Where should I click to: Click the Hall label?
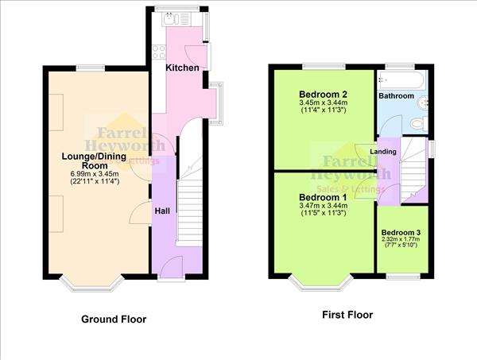(161, 211)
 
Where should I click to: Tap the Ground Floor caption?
(114, 319)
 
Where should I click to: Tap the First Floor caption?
(347, 315)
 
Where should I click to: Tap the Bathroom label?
(396, 96)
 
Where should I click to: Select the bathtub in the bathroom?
(402, 79)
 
